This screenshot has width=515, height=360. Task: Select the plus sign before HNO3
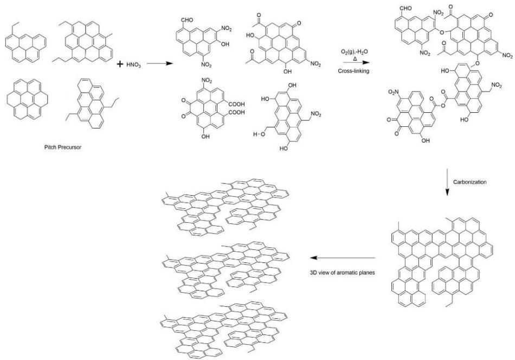(x=120, y=63)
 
